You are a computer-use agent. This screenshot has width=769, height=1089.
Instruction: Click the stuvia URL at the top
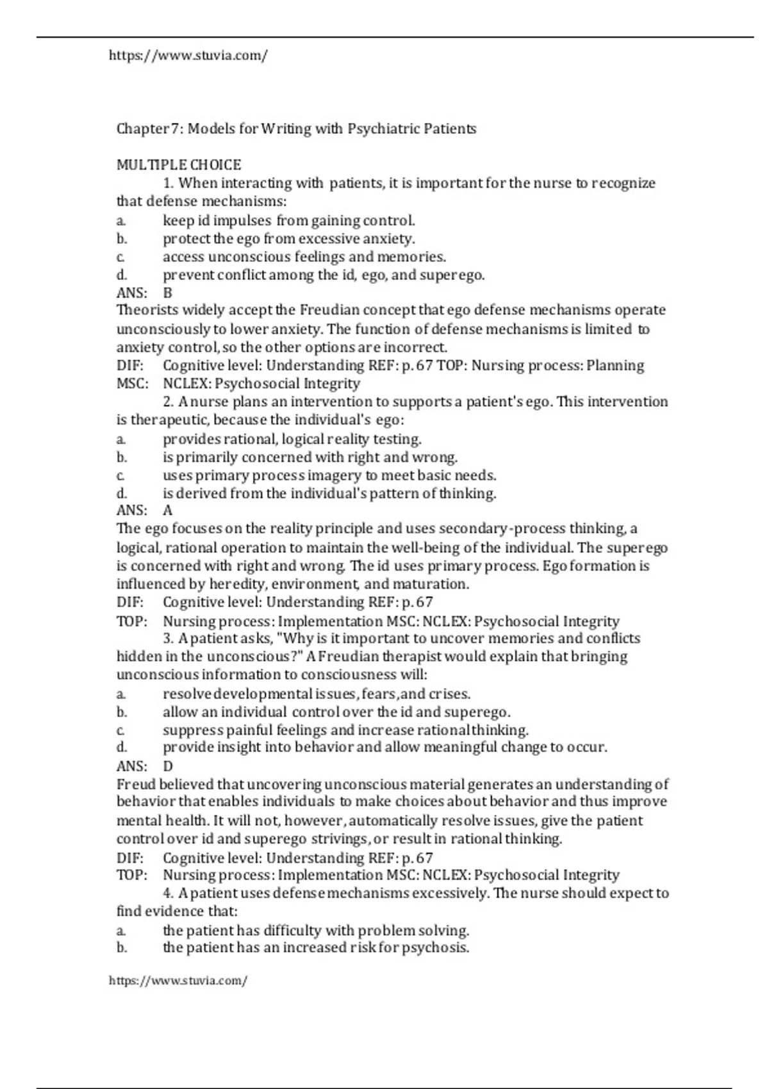pyautogui.click(x=188, y=56)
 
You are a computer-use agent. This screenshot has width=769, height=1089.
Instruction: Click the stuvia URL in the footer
pyautogui.click(x=178, y=981)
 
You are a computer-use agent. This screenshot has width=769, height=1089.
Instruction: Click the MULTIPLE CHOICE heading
pyautogui.click(x=179, y=165)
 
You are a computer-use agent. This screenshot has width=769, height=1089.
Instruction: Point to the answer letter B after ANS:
pyautogui.click(x=168, y=293)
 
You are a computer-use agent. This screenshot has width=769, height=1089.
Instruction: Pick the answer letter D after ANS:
pyautogui.click(x=168, y=766)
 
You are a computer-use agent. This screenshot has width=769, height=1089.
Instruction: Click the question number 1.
pyautogui.click(x=169, y=183)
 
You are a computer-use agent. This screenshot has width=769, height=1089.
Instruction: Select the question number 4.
pyautogui.click(x=169, y=893)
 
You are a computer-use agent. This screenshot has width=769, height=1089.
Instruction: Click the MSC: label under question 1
pyautogui.click(x=132, y=384)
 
